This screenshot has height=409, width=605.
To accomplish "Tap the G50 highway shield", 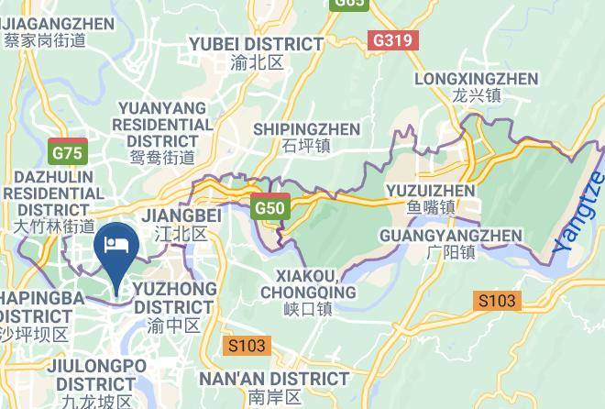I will (x=270, y=208).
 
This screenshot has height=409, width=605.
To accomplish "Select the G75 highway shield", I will (x=68, y=153).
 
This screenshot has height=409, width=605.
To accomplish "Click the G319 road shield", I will (x=393, y=41).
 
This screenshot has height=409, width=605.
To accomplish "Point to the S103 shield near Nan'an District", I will (x=246, y=346).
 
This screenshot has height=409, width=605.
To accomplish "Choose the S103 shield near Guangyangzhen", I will (x=496, y=300).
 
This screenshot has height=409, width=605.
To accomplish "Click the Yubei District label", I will (x=256, y=44).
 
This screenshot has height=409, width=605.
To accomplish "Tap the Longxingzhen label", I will (x=476, y=79).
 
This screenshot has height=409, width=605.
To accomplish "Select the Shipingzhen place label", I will (x=306, y=129).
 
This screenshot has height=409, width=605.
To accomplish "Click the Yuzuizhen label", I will (x=431, y=191).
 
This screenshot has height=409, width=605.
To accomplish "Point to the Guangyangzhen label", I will (x=450, y=236).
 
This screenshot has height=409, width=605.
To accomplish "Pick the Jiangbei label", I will (x=182, y=216).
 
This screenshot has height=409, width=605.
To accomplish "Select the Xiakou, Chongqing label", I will (x=307, y=284).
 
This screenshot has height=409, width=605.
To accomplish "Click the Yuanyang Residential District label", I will (x=162, y=124).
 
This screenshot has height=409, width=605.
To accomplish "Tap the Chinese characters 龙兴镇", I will (x=476, y=95).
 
